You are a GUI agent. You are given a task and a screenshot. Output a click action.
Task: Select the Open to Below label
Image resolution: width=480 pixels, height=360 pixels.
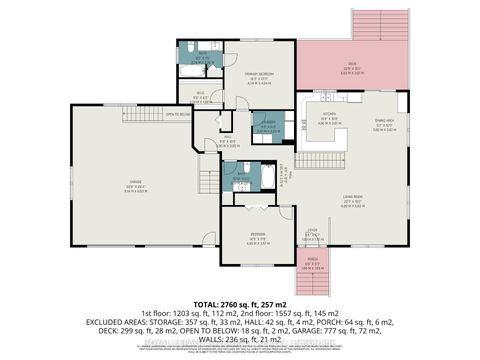click(179, 114)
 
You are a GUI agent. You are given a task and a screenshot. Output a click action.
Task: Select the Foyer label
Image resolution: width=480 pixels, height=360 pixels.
click(312, 235)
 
